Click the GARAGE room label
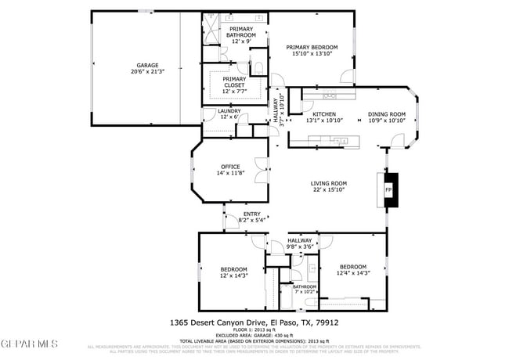(148, 66)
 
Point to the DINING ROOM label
(387, 114)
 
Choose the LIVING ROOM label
(329, 183)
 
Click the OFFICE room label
(230, 166)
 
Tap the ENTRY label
(251, 214)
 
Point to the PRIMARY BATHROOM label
(241, 32)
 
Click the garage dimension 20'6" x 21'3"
(148, 72)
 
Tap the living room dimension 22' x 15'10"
(329, 189)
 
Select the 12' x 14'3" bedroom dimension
(233, 275)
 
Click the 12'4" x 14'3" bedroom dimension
(353, 272)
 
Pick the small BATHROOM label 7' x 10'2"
(305, 286)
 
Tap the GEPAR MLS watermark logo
(29, 343)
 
